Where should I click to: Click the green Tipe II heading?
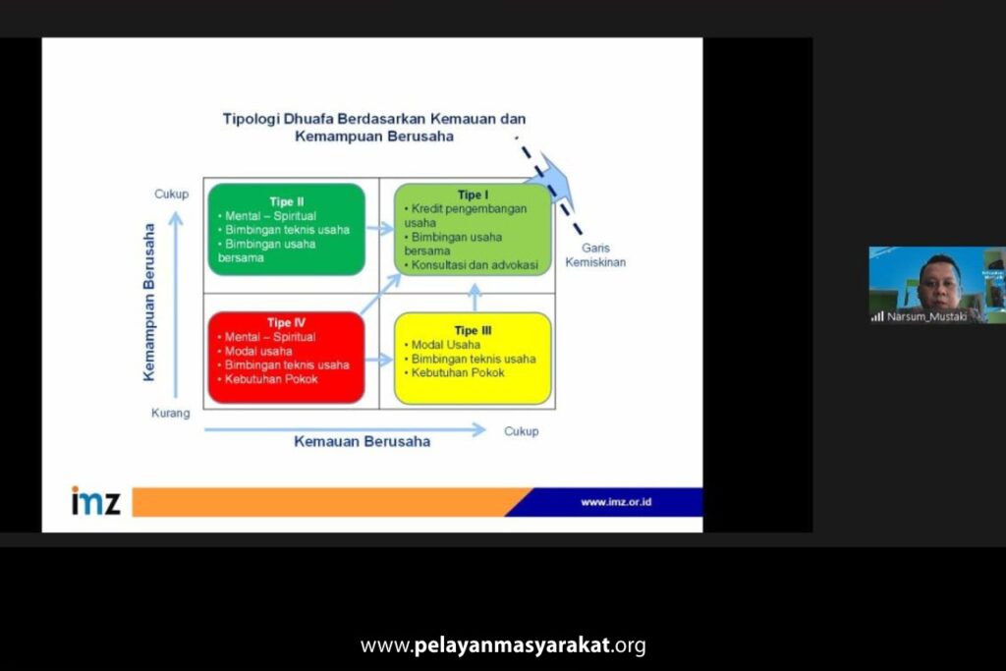(287, 201)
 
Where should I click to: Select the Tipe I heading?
(473, 195)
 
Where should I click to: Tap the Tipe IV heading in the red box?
(286, 322)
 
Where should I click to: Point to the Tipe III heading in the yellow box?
(473, 330)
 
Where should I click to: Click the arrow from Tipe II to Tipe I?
(379, 228)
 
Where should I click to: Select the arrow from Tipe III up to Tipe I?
(475, 298)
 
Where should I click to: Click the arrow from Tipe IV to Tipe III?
(379, 360)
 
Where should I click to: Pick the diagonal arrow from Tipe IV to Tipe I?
(381, 294)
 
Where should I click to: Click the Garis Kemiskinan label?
(595, 254)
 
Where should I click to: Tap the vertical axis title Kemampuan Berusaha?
(149, 303)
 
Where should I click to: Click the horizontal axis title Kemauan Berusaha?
(362, 441)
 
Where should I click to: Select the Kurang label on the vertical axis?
(171, 414)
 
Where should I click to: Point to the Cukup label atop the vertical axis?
(171, 194)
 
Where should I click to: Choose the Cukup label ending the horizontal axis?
(521, 431)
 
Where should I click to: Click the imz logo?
(95, 500)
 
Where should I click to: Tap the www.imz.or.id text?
(616, 502)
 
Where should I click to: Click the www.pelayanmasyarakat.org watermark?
(503, 644)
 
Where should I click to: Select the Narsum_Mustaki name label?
(926, 316)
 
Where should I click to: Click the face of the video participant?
(940, 281)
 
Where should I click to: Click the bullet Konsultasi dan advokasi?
(472, 265)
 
